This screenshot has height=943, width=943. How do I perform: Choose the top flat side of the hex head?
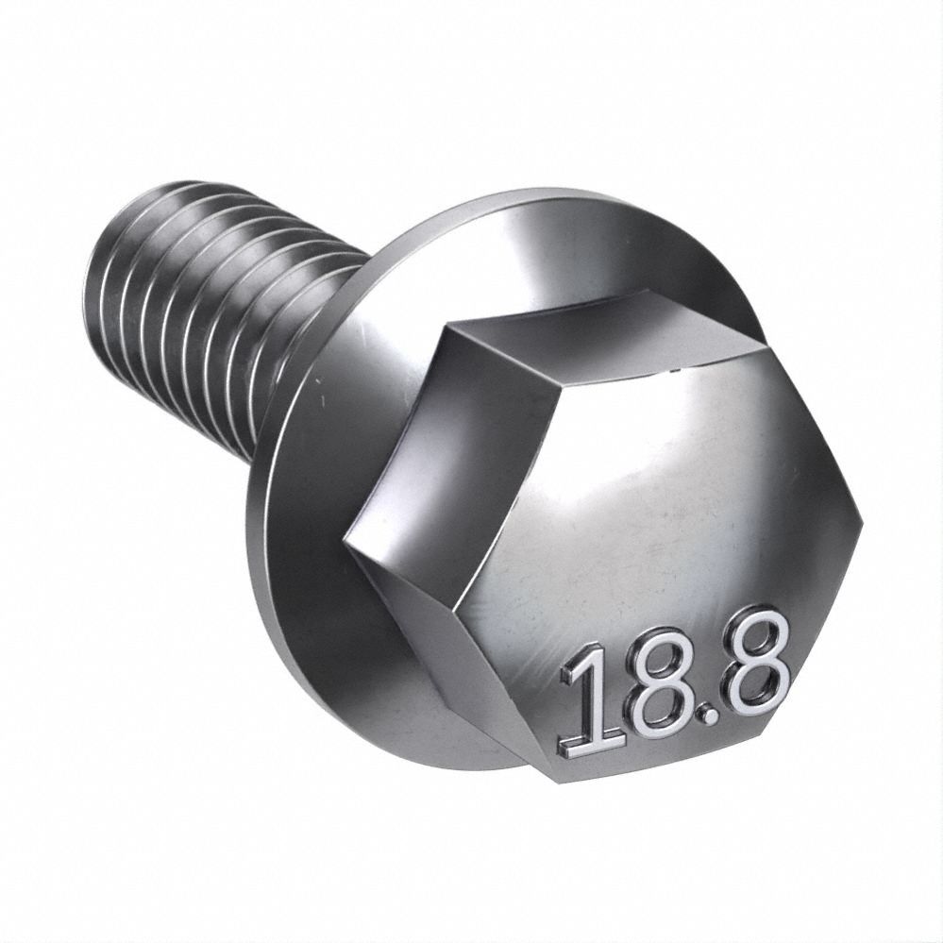tap(604, 335)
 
